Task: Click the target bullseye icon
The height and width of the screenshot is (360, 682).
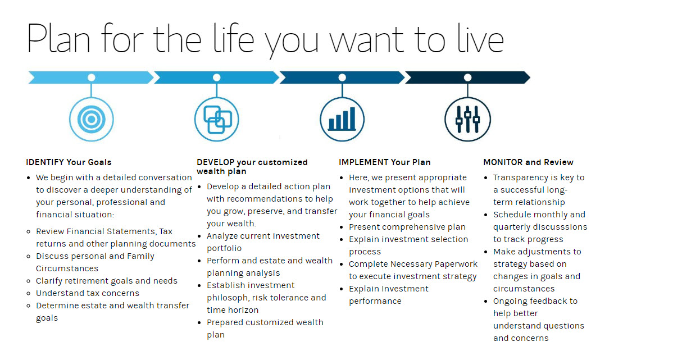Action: (92, 119)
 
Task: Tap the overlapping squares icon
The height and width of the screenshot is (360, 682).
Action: (217, 119)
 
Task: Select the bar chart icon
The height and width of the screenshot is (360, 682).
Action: (342, 119)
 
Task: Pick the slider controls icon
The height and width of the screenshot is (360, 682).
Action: (467, 119)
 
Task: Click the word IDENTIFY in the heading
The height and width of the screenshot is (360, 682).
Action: (45, 162)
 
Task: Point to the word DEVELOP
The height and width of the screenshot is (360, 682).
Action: (216, 162)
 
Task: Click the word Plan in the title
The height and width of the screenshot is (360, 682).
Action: (58, 39)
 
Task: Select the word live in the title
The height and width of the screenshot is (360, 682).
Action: (481, 38)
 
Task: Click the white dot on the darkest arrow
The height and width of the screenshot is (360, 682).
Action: (467, 78)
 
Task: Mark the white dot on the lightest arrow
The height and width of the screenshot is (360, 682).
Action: (92, 78)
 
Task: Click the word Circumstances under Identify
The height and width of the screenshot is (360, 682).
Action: (67, 268)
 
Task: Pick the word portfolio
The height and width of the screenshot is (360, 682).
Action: (224, 248)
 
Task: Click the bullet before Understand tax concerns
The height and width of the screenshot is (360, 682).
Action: (28, 293)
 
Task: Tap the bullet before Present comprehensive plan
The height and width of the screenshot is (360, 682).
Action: (342, 227)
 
